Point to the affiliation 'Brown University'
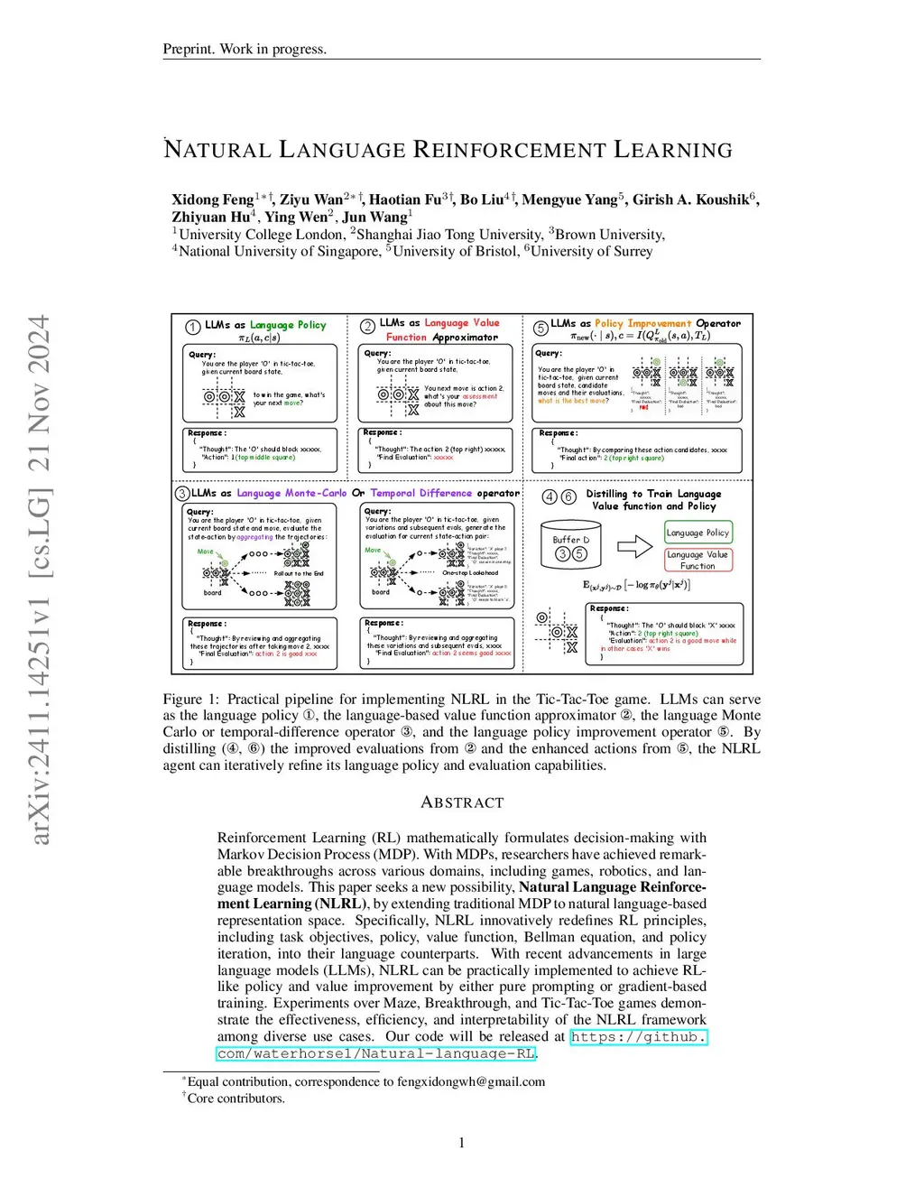click(x=609, y=235)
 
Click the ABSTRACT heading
click(x=462, y=802)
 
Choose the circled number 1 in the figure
click(x=193, y=327)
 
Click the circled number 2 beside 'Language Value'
click(x=367, y=326)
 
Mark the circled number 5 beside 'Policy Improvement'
click(x=541, y=328)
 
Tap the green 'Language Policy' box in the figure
click(x=698, y=533)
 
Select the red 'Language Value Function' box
click(x=698, y=560)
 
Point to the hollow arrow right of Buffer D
click(x=634, y=546)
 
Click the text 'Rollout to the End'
click(x=299, y=573)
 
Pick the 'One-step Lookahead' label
click(x=470, y=572)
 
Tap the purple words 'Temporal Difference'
click(x=421, y=493)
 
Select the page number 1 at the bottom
click(x=462, y=1143)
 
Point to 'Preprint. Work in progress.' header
click(x=245, y=49)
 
